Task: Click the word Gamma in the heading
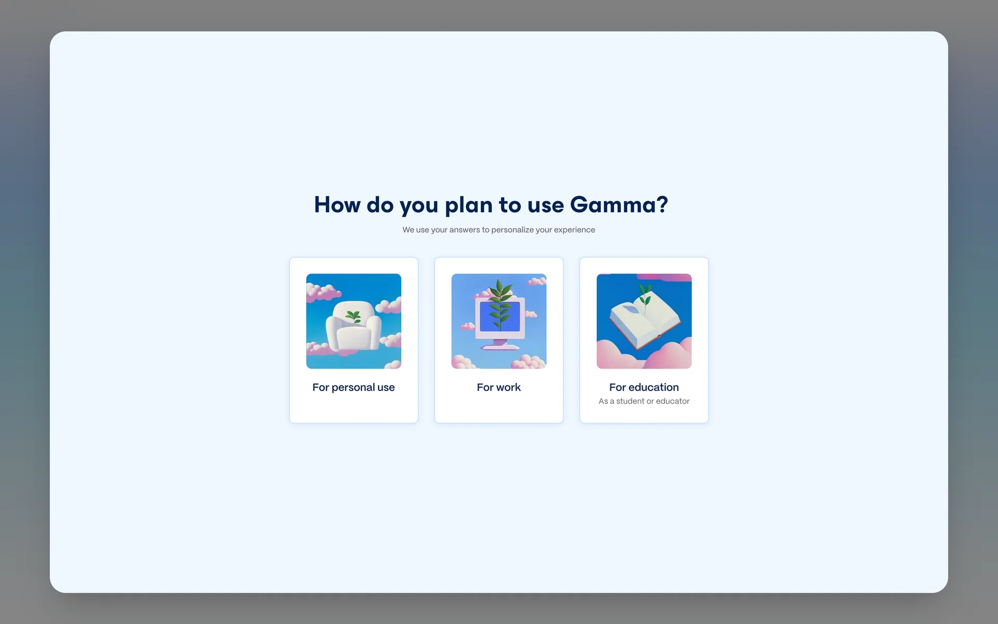click(x=613, y=205)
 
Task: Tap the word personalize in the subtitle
click(x=513, y=230)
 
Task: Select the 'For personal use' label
click(x=353, y=387)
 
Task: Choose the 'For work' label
click(x=498, y=387)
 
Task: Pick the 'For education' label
click(x=644, y=387)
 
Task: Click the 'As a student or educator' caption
click(x=644, y=401)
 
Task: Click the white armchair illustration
click(x=353, y=327)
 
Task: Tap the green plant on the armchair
click(x=353, y=316)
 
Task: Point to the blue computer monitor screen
click(x=500, y=316)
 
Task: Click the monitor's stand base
click(x=500, y=346)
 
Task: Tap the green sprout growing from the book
click(x=645, y=295)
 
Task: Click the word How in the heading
click(x=337, y=205)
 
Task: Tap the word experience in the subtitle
click(x=574, y=230)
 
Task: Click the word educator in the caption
click(x=673, y=401)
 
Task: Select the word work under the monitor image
click(x=508, y=387)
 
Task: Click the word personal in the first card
click(x=353, y=388)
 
